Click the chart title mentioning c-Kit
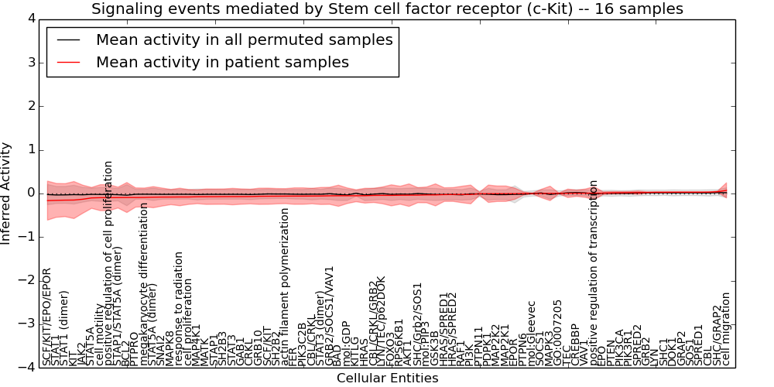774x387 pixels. pos(387,9)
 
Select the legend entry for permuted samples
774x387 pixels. pos(244,39)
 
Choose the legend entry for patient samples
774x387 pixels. pos(222,62)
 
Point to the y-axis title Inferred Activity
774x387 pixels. pos(7,193)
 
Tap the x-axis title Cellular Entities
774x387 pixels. pos(387,378)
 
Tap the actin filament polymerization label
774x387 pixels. pos(285,287)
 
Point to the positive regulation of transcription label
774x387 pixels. pos(594,272)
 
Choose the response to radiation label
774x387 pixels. pos(179,308)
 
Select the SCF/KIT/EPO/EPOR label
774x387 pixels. pos(46,317)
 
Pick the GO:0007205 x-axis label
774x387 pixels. pos(558,333)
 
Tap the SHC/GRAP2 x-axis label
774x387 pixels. pos(717,334)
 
